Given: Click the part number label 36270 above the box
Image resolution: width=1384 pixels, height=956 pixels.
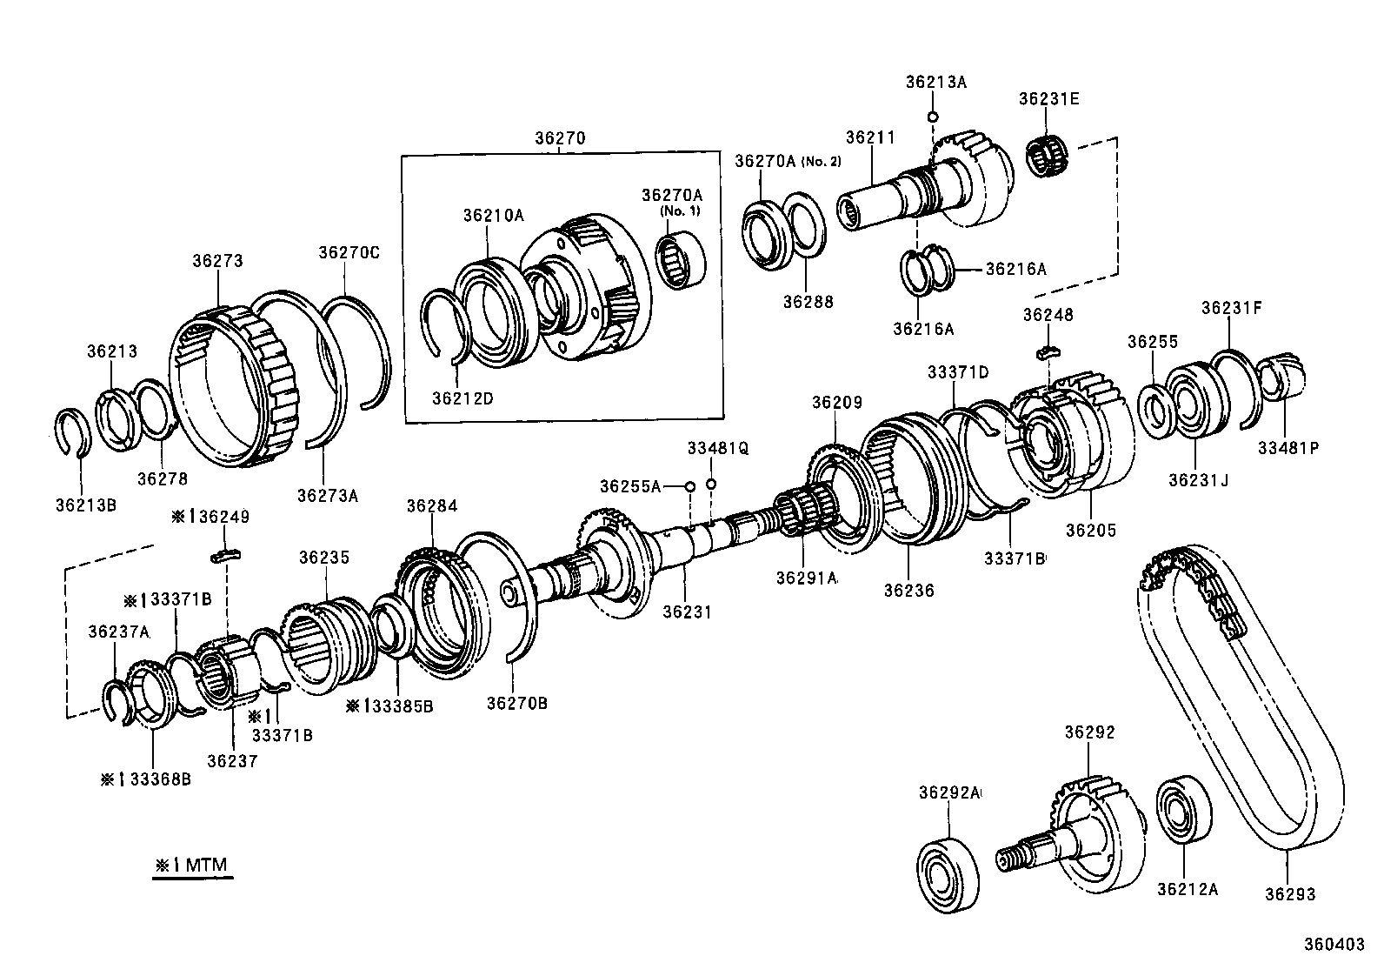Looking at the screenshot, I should pos(560,137).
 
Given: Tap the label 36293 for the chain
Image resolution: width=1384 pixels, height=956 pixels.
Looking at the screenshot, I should pos(1290,893).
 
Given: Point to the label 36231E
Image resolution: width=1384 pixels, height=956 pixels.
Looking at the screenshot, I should pos(1049,99).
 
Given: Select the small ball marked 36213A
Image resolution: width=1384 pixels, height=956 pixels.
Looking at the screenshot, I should pos(932,117).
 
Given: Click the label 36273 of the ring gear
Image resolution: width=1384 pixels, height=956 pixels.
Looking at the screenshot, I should pos(217,260).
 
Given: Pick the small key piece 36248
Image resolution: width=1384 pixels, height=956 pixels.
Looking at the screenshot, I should pos(1048,351).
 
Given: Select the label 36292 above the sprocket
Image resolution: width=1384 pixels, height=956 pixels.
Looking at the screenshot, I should pos(1088,732).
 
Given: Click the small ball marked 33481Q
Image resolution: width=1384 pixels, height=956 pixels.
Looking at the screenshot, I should pos(711,484).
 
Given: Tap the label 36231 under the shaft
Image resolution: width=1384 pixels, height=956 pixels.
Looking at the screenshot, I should pos(687,612).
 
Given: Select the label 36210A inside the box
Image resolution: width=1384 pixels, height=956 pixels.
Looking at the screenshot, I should pos(493,215).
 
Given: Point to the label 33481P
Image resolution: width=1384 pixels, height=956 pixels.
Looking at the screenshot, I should pos(1288,448).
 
